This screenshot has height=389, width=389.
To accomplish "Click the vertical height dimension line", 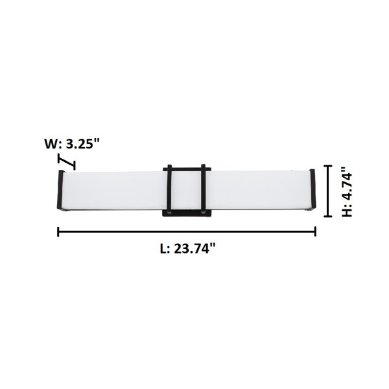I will point(329,191).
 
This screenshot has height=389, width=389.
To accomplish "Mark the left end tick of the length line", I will point(58,231).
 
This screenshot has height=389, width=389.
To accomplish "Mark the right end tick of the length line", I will point(316,231).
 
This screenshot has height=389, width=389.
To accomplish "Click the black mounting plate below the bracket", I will point(187,214).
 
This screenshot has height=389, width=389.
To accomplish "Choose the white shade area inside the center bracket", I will point(187,191).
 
